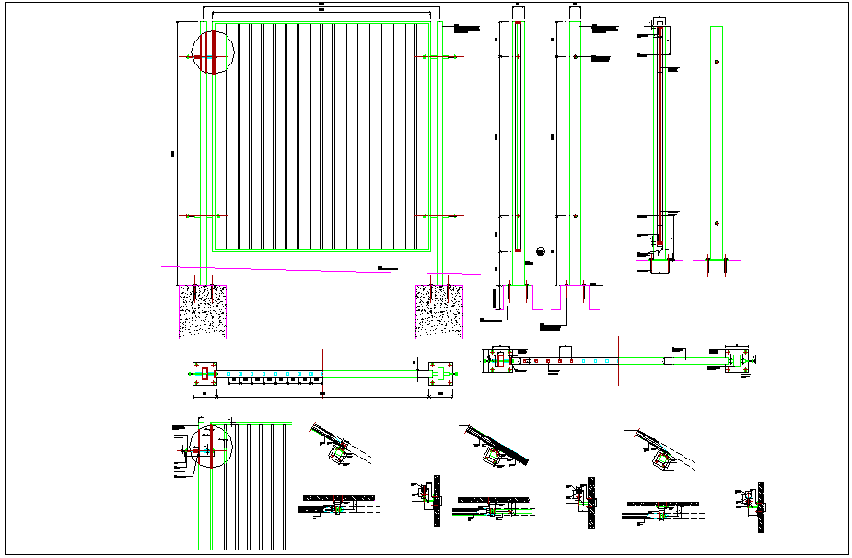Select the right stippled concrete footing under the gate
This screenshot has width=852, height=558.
click(x=438, y=311)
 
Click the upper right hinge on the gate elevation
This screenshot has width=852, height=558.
click(x=438, y=57)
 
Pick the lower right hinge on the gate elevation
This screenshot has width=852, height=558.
click(x=438, y=215)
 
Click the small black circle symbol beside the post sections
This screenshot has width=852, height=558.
click(x=541, y=250)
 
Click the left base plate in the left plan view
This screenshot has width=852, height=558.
click(x=204, y=374)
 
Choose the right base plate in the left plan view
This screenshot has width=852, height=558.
click(x=442, y=373)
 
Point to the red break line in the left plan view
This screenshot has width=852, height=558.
click(x=322, y=373)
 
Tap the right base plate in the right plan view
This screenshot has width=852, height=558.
click(x=736, y=359)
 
